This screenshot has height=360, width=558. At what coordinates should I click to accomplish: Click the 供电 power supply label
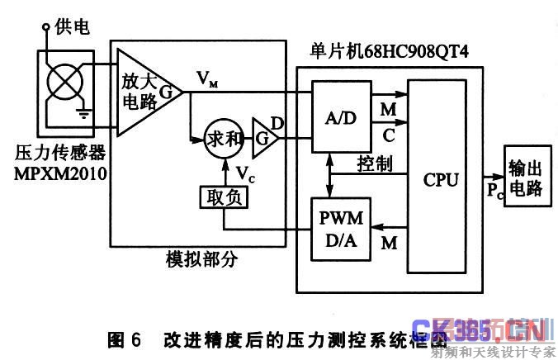pyautogui.click(x=71, y=27)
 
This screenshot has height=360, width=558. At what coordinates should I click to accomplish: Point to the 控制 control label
pyautogui.click(x=374, y=163)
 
